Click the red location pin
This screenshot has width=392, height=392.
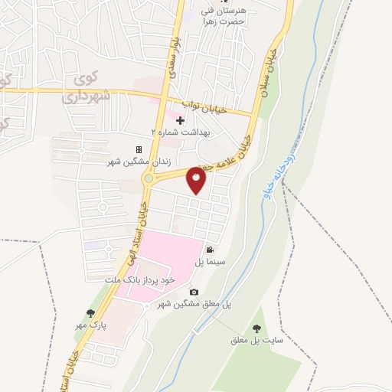pos(197,181)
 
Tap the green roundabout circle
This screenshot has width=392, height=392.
pos(149,178)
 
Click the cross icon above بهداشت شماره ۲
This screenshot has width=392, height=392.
pos(181,120)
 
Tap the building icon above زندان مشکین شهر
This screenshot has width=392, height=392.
pos(139,150)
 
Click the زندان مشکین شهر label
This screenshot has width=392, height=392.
pos(135,162)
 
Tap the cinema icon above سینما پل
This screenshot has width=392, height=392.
pos(210,250)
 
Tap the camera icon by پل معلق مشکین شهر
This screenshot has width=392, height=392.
pos(194,292)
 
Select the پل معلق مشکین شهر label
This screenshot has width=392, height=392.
pos(194,304)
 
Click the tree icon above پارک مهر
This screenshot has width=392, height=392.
pos(92,313)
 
